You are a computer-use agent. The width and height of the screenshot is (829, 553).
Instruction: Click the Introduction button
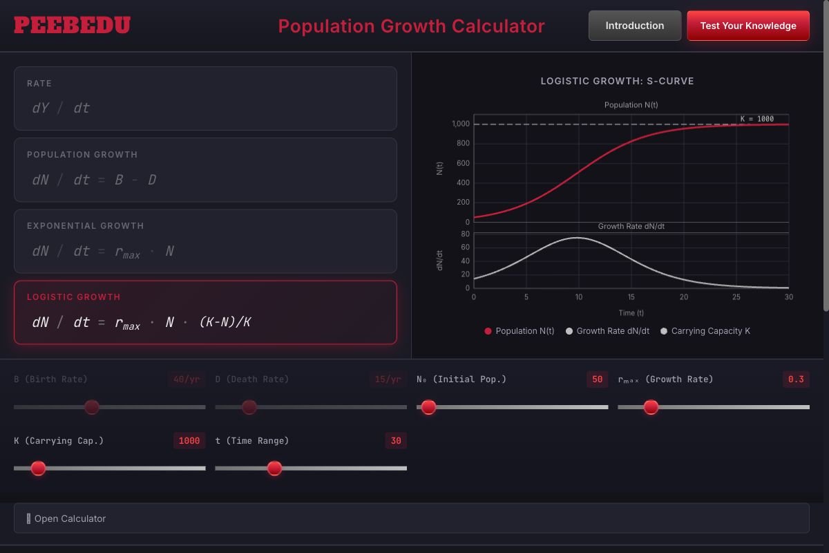pyautogui.click(x=634, y=26)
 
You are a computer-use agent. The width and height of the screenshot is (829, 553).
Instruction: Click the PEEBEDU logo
pyautogui.click(x=72, y=26)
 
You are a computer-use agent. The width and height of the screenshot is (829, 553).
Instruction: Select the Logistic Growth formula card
pyautogui.click(x=205, y=312)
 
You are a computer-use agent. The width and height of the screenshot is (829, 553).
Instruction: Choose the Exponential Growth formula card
pyautogui.click(x=205, y=241)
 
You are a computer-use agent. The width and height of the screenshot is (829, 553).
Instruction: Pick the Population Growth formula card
pyautogui.click(x=205, y=169)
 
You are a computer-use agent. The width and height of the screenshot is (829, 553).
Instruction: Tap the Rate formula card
pyautogui.click(x=205, y=98)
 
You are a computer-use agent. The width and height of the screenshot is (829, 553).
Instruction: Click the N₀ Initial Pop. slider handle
pyautogui.click(x=428, y=407)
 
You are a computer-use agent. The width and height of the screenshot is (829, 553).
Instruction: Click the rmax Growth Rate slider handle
pyautogui.click(x=651, y=407)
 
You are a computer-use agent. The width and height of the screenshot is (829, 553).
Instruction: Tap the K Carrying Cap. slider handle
pyautogui.click(x=39, y=468)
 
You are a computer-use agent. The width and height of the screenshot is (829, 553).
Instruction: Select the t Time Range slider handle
pyautogui.click(x=274, y=468)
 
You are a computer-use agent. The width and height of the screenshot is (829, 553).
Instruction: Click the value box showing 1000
pyautogui.click(x=189, y=440)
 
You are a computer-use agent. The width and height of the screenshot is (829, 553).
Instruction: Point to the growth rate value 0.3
pyautogui.click(x=796, y=379)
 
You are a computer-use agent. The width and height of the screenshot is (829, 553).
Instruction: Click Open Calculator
pyautogui.click(x=70, y=518)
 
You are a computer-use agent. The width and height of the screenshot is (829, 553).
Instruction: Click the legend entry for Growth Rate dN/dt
pyautogui.click(x=607, y=331)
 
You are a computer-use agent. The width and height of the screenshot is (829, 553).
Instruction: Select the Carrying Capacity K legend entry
pyautogui.click(x=705, y=331)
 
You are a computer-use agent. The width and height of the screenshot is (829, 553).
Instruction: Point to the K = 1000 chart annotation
pyautogui.click(x=756, y=119)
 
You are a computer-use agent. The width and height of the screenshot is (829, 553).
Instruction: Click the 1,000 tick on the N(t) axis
pyautogui.click(x=461, y=124)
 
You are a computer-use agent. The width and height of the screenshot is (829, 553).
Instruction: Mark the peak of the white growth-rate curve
pyautogui.click(x=578, y=238)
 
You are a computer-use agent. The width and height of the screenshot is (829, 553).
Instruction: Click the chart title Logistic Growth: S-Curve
pyautogui.click(x=617, y=81)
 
